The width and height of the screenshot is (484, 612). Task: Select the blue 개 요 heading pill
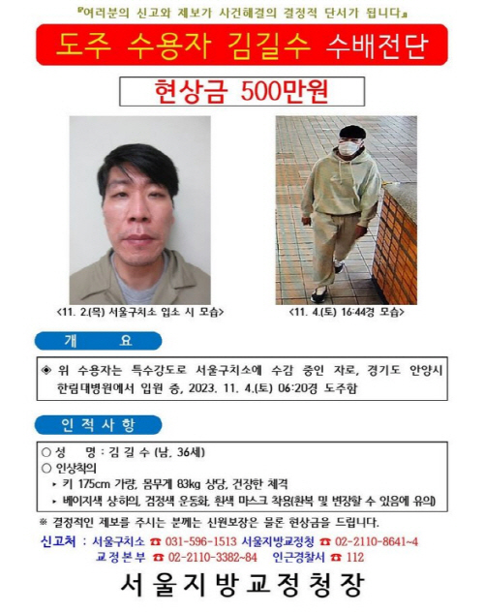pyautogui.click(x=98, y=341)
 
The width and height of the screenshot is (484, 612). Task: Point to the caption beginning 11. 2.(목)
pyautogui.click(x=139, y=312)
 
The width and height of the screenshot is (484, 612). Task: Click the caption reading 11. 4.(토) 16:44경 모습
pyautogui.click(x=346, y=312)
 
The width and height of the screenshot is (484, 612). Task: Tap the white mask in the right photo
pyautogui.click(x=348, y=149)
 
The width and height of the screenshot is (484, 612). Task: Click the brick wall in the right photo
pyautogui.click(x=397, y=252)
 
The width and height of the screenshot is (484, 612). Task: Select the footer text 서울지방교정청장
pyautogui.click(x=241, y=584)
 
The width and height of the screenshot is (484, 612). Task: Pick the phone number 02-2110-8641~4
pyautogui.click(x=374, y=540)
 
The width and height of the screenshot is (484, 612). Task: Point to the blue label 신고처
pyautogui.click(x=60, y=540)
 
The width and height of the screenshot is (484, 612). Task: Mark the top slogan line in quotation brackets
pyautogui.click(x=241, y=14)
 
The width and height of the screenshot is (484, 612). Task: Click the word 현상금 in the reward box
pyautogui.click(x=188, y=92)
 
